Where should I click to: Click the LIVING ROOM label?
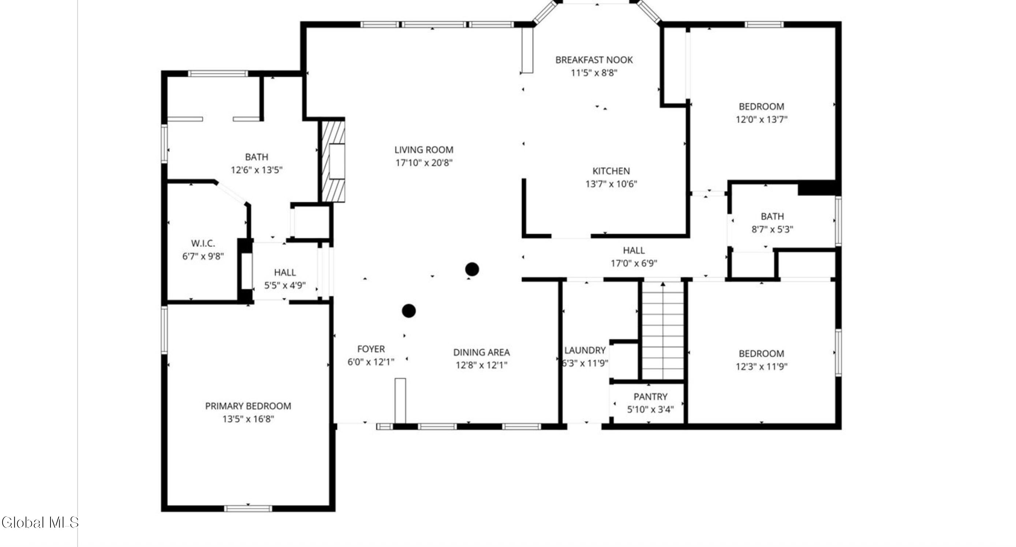click(423, 150)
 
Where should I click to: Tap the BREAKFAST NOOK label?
click(594, 60)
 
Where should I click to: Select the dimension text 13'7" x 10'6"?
click(611, 184)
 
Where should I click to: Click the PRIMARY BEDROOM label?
click(248, 406)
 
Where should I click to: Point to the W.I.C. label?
click(203, 243)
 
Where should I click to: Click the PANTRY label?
click(650, 397)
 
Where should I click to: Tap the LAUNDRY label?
click(584, 350)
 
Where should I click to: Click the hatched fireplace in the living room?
click(333, 161)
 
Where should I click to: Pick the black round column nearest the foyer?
click(408, 311)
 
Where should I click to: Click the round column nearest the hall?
click(472, 269)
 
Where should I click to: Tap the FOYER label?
click(371, 349)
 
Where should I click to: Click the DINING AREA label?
click(481, 352)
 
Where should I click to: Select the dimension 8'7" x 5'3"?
click(772, 229)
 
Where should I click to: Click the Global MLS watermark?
click(40, 522)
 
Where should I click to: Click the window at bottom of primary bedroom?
click(248, 508)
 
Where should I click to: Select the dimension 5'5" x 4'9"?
click(285, 285)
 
